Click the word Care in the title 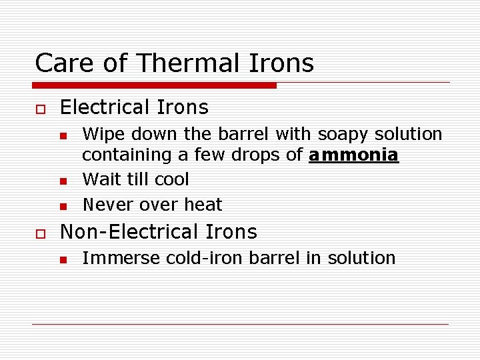point(61,63)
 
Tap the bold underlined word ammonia point(353,155)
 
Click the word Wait point(102,179)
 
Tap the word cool point(171,179)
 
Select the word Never point(109,204)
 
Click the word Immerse point(115,258)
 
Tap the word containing point(124,155)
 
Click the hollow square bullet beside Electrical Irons point(39,109)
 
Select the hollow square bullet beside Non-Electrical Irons point(39,233)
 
